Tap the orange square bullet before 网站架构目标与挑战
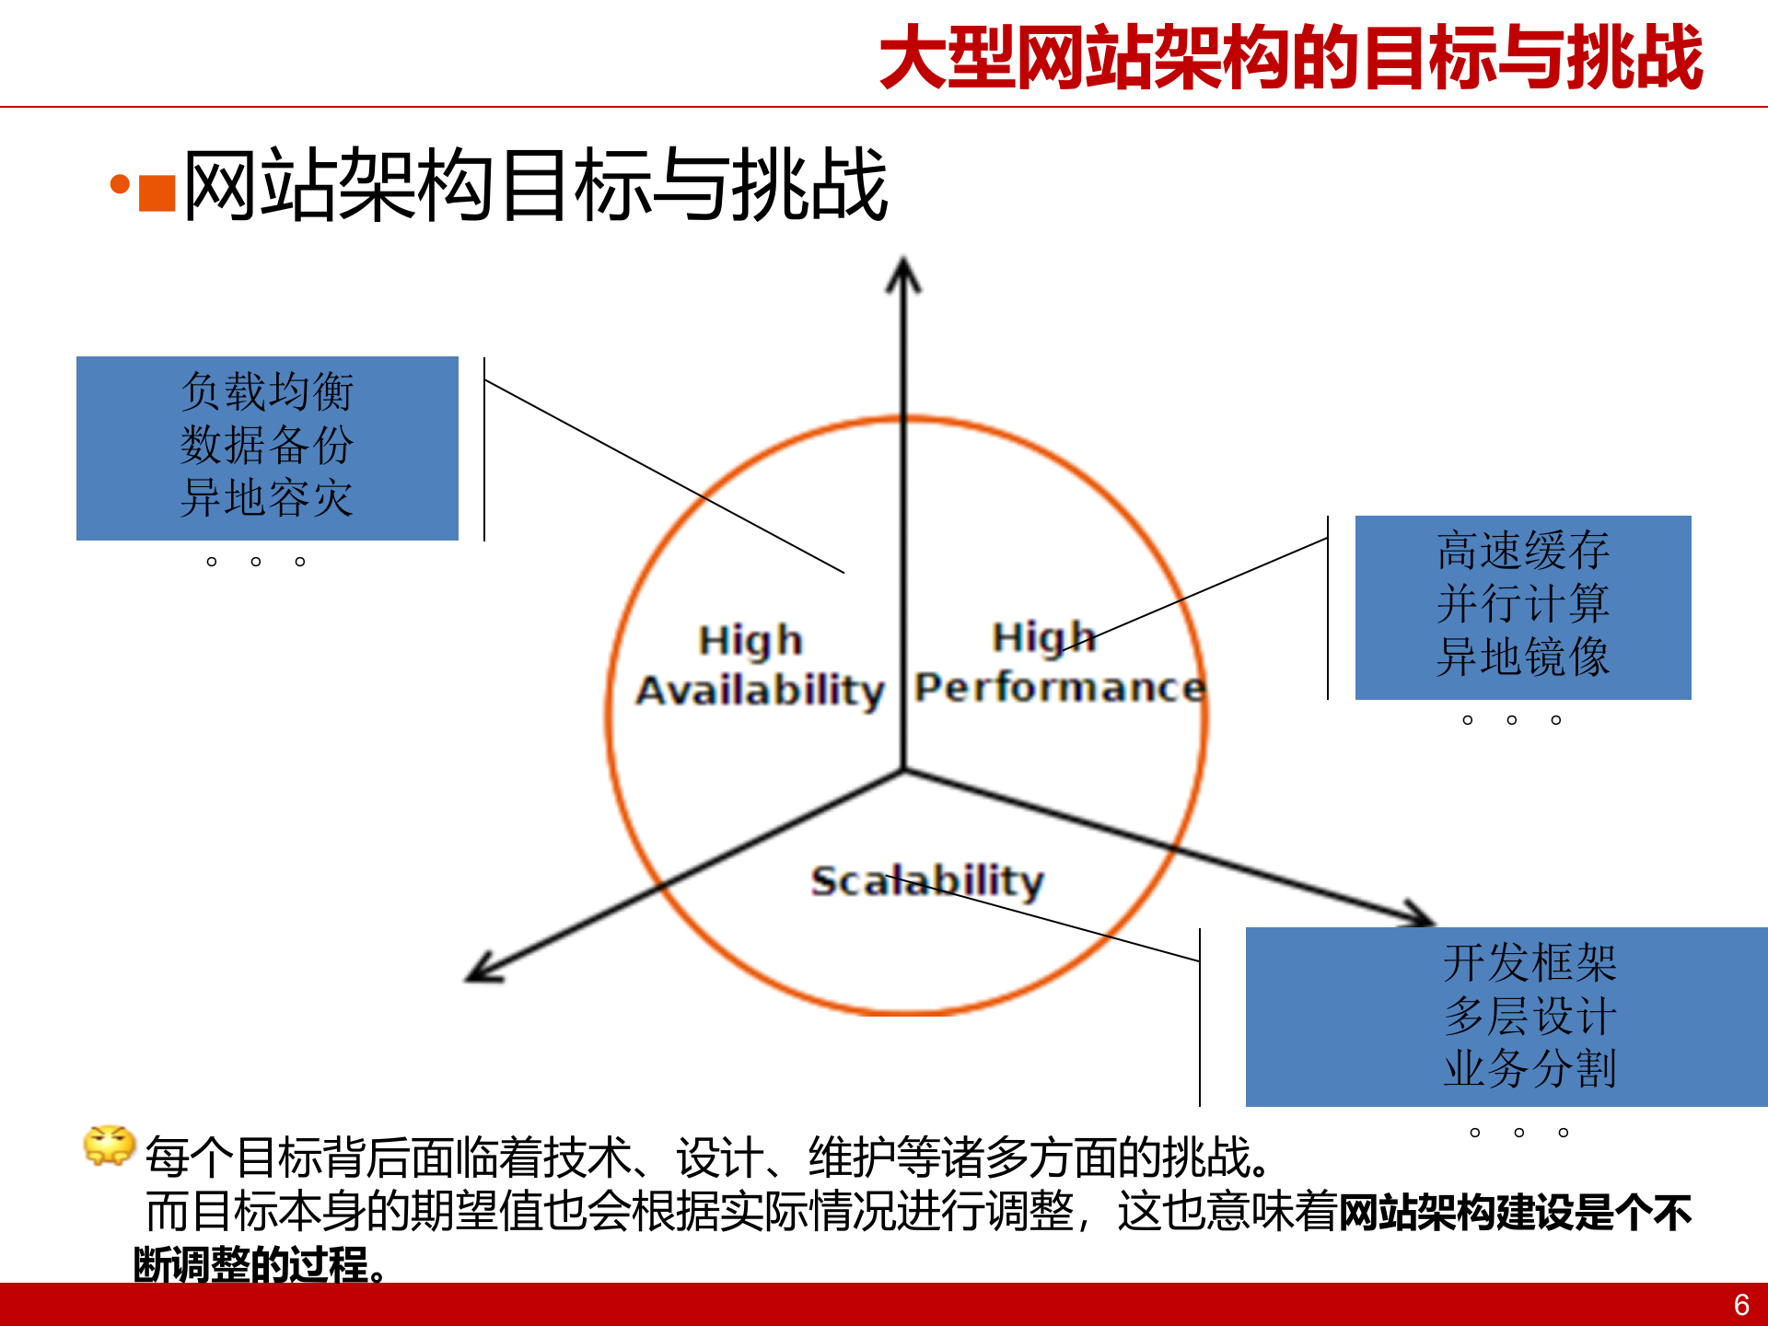point(157,193)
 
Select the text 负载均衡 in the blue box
point(267,392)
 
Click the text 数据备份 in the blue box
point(267,446)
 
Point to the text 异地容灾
point(267,499)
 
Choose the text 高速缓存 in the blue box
point(1523,551)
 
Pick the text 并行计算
point(1523,604)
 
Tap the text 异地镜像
point(1523,657)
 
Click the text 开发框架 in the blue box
point(1530,963)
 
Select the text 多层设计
point(1530,1017)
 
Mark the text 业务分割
point(1530,1069)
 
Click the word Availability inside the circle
point(761,691)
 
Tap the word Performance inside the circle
point(1060,688)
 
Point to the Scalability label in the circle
point(927,881)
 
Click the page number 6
point(1740,1305)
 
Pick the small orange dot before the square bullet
point(120,185)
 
